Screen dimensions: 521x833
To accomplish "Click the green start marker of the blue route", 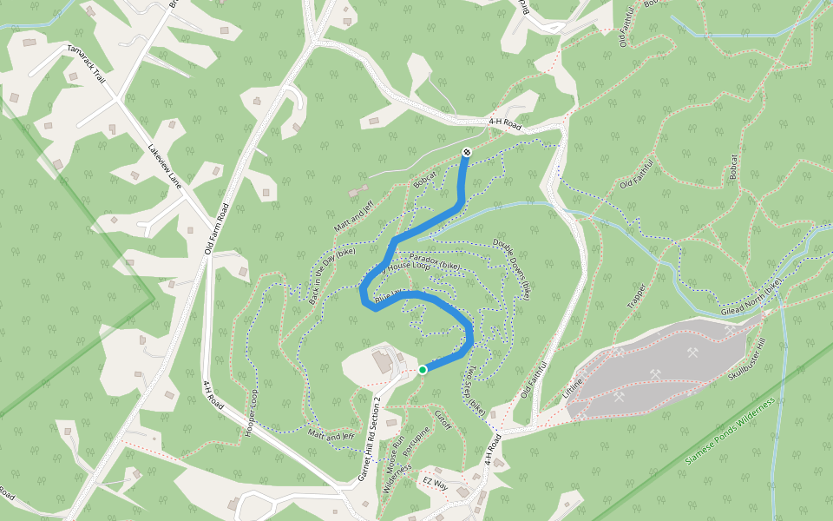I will (x=423, y=370).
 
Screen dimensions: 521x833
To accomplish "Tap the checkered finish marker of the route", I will (x=467, y=153).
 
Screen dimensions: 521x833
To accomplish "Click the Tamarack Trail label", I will (x=87, y=64).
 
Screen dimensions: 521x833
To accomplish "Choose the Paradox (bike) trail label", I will (x=434, y=260).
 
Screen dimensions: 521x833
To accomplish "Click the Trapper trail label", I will (x=638, y=297).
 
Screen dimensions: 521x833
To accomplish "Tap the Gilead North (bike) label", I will (x=751, y=295).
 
